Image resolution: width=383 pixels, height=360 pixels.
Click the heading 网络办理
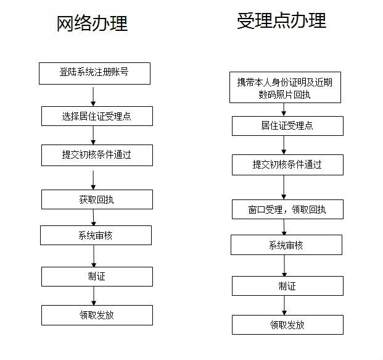[92, 23]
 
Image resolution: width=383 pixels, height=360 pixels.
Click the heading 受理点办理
[282, 21]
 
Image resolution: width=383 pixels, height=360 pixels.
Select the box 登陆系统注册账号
[94, 73]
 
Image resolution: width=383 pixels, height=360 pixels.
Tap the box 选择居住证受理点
[97, 116]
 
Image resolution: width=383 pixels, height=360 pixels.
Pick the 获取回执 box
[97, 199]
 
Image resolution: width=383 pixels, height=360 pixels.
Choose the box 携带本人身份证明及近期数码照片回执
[285, 87]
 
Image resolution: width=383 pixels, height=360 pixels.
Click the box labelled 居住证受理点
[287, 126]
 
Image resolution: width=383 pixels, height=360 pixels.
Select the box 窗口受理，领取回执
[287, 209]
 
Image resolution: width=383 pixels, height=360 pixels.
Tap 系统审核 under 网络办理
[96, 235]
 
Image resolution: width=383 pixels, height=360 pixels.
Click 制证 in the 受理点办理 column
[287, 286]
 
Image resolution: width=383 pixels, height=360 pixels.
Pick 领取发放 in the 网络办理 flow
[97, 316]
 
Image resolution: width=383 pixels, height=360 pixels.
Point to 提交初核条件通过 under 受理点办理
[287, 165]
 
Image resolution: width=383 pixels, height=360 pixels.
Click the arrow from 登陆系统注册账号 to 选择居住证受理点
[93, 96]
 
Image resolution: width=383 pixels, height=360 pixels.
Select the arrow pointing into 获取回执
[93, 180]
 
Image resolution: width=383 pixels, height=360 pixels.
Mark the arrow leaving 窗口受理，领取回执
[284, 227]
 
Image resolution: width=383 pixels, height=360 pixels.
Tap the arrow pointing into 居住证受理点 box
[284, 109]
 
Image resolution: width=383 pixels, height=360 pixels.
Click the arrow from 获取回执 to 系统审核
[93, 217]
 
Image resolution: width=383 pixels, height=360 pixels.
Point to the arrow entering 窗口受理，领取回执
[284, 187]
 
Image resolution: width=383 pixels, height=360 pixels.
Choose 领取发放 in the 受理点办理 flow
[287, 325]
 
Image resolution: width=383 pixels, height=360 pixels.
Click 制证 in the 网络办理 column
[97, 277]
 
